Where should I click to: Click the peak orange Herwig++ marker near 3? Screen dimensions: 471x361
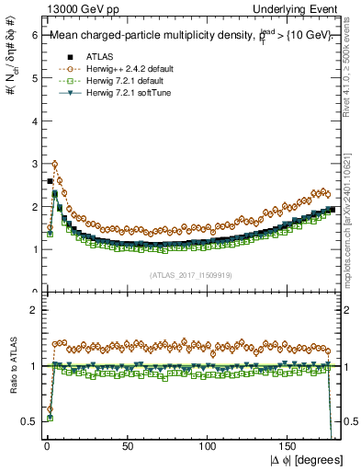[x=55, y=165]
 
